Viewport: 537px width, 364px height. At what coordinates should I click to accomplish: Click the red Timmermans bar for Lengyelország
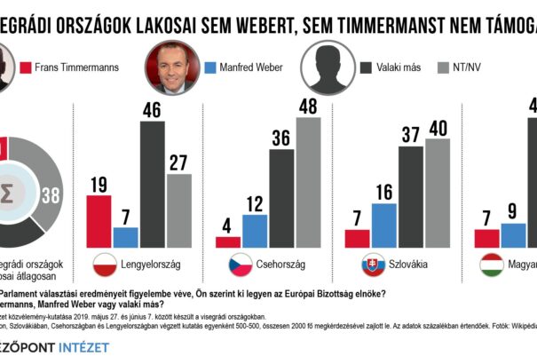coord(99,221)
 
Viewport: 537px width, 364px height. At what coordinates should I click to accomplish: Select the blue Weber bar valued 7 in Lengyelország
coord(126,237)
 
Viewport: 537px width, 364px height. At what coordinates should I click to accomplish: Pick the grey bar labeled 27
coord(179,210)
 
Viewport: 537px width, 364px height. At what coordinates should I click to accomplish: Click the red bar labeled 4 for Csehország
coord(228,241)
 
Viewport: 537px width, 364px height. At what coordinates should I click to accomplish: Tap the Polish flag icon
coord(107,265)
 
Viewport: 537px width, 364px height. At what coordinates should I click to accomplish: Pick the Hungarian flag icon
coord(493,265)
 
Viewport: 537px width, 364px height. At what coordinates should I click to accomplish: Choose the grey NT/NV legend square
coord(446,67)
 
